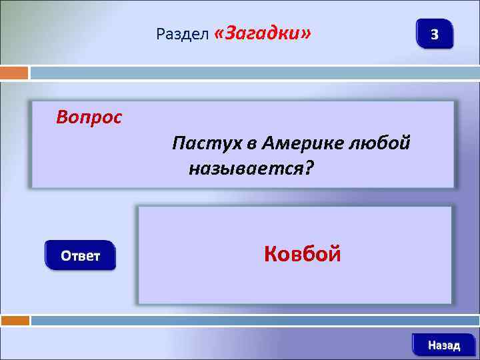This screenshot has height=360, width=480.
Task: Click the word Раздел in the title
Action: (x=183, y=34)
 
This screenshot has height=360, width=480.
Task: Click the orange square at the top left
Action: (x=14, y=73)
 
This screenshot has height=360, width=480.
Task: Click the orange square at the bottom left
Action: (x=15, y=321)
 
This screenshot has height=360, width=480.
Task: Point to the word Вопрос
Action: (x=89, y=118)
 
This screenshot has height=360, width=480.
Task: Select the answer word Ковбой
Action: (x=302, y=253)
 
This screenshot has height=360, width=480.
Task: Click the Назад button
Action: (x=443, y=345)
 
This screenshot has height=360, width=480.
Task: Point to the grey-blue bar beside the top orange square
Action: (x=254, y=73)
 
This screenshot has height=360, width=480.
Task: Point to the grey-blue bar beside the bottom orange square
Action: (x=254, y=321)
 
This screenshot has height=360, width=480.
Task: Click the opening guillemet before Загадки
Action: (x=219, y=33)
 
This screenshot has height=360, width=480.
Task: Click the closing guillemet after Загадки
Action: (x=305, y=33)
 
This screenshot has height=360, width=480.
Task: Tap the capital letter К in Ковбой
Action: (x=271, y=253)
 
